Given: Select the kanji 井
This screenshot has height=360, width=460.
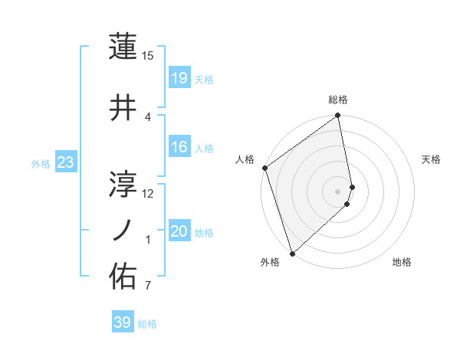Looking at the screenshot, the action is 123,109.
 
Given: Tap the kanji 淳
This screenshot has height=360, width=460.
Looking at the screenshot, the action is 123,183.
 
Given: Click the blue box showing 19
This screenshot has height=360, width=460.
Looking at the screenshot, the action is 179,78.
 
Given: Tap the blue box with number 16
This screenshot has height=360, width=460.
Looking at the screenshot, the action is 179,147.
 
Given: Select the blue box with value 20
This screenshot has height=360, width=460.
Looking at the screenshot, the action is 179,231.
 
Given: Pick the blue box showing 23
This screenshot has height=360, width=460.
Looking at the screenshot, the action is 66,162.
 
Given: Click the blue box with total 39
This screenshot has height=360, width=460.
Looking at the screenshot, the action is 123,322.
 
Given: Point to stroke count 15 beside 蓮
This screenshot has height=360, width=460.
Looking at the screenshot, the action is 147,55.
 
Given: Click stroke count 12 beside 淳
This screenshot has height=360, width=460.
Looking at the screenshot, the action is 147,194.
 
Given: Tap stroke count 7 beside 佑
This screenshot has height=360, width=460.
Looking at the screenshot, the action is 147,286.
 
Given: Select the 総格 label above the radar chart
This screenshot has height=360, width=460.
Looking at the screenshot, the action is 338,100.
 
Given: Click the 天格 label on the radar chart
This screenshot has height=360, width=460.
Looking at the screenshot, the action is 432,159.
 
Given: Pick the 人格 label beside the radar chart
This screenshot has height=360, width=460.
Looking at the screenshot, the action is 245,159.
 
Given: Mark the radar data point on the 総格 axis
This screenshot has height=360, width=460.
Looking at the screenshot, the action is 338,116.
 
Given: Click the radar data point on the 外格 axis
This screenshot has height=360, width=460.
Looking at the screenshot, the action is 292,253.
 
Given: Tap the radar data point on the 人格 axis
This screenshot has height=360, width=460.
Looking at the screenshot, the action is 264,168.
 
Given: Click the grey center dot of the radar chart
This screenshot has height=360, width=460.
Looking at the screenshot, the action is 338,191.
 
